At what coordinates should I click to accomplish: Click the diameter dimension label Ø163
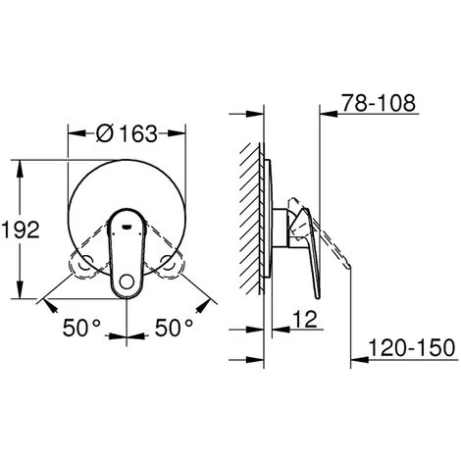[128, 133]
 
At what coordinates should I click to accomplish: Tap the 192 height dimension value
[21, 230]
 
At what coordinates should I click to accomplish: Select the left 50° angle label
[81, 328]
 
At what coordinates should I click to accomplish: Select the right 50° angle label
[174, 328]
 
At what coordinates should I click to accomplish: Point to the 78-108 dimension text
[379, 103]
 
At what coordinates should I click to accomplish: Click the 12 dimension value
[305, 319]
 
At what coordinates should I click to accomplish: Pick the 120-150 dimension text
[412, 347]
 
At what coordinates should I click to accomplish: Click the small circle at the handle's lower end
[127, 282]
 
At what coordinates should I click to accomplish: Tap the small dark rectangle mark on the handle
[127, 226]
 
